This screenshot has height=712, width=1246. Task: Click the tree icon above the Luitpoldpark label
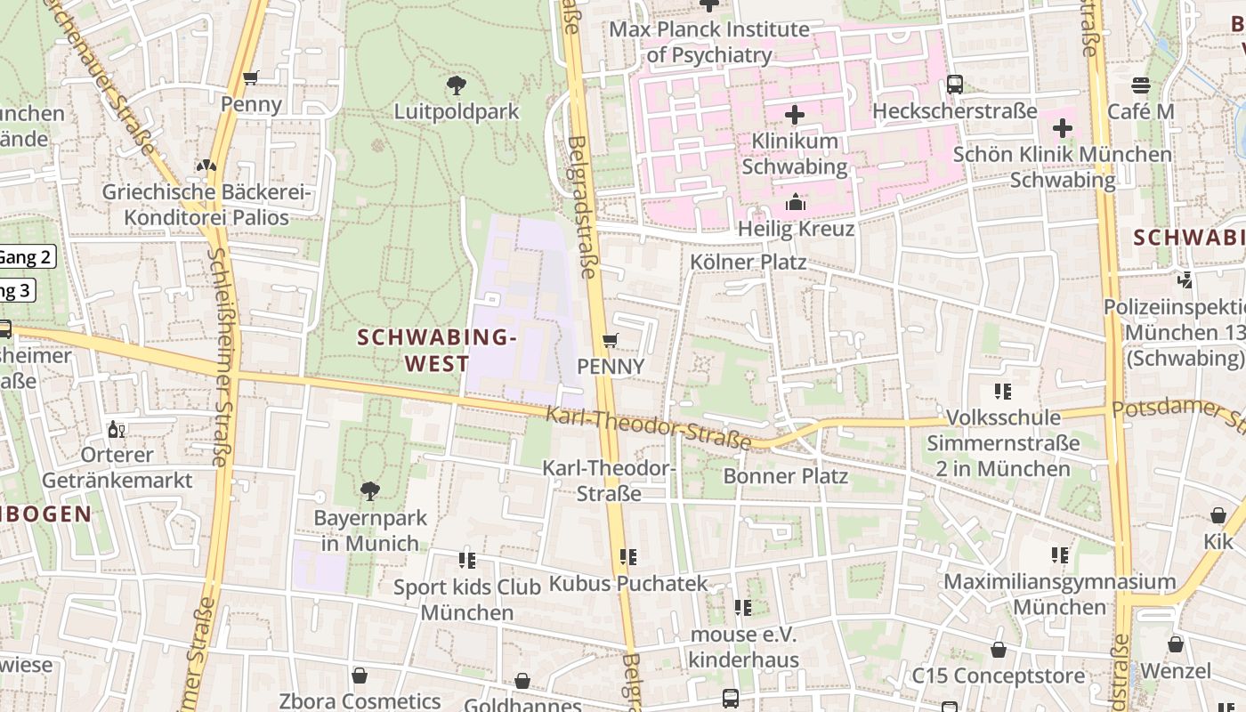click(457, 85)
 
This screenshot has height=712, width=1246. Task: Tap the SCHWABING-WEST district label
click(437, 350)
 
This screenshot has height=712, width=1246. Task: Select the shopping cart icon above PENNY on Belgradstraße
click(611, 341)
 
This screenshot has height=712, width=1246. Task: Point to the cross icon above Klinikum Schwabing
click(795, 115)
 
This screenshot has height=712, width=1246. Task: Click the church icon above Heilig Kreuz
click(795, 203)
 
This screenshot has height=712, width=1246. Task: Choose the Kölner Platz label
click(748, 262)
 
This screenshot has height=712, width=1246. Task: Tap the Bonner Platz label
click(785, 475)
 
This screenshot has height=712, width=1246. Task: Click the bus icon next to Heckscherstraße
click(955, 85)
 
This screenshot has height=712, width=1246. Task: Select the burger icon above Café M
click(1141, 85)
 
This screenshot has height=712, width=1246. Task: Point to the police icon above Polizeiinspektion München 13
click(1185, 280)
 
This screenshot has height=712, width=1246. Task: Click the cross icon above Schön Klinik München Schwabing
click(1062, 128)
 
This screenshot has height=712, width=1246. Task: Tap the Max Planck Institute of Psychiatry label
click(709, 42)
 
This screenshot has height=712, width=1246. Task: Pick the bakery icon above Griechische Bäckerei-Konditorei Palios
click(206, 166)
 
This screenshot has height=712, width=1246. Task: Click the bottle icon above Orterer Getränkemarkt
click(116, 430)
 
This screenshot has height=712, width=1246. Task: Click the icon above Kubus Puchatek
click(628, 557)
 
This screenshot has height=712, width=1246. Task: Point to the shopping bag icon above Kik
click(1218, 515)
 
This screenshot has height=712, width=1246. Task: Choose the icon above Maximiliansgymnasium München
click(1060, 555)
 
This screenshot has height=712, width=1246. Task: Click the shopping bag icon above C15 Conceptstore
click(999, 650)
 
